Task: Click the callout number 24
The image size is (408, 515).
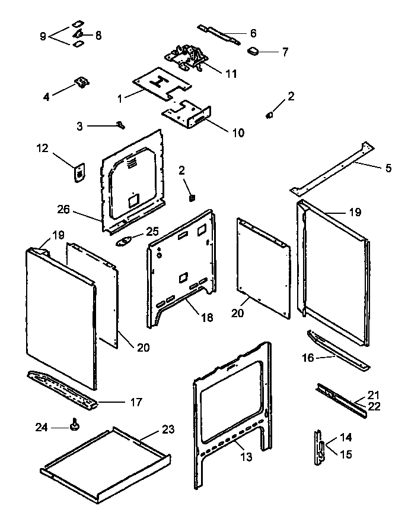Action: click(x=41, y=426)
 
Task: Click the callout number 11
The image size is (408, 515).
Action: click(x=230, y=74)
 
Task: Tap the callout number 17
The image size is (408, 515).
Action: click(x=136, y=402)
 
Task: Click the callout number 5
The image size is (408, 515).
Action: click(x=388, y=168)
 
